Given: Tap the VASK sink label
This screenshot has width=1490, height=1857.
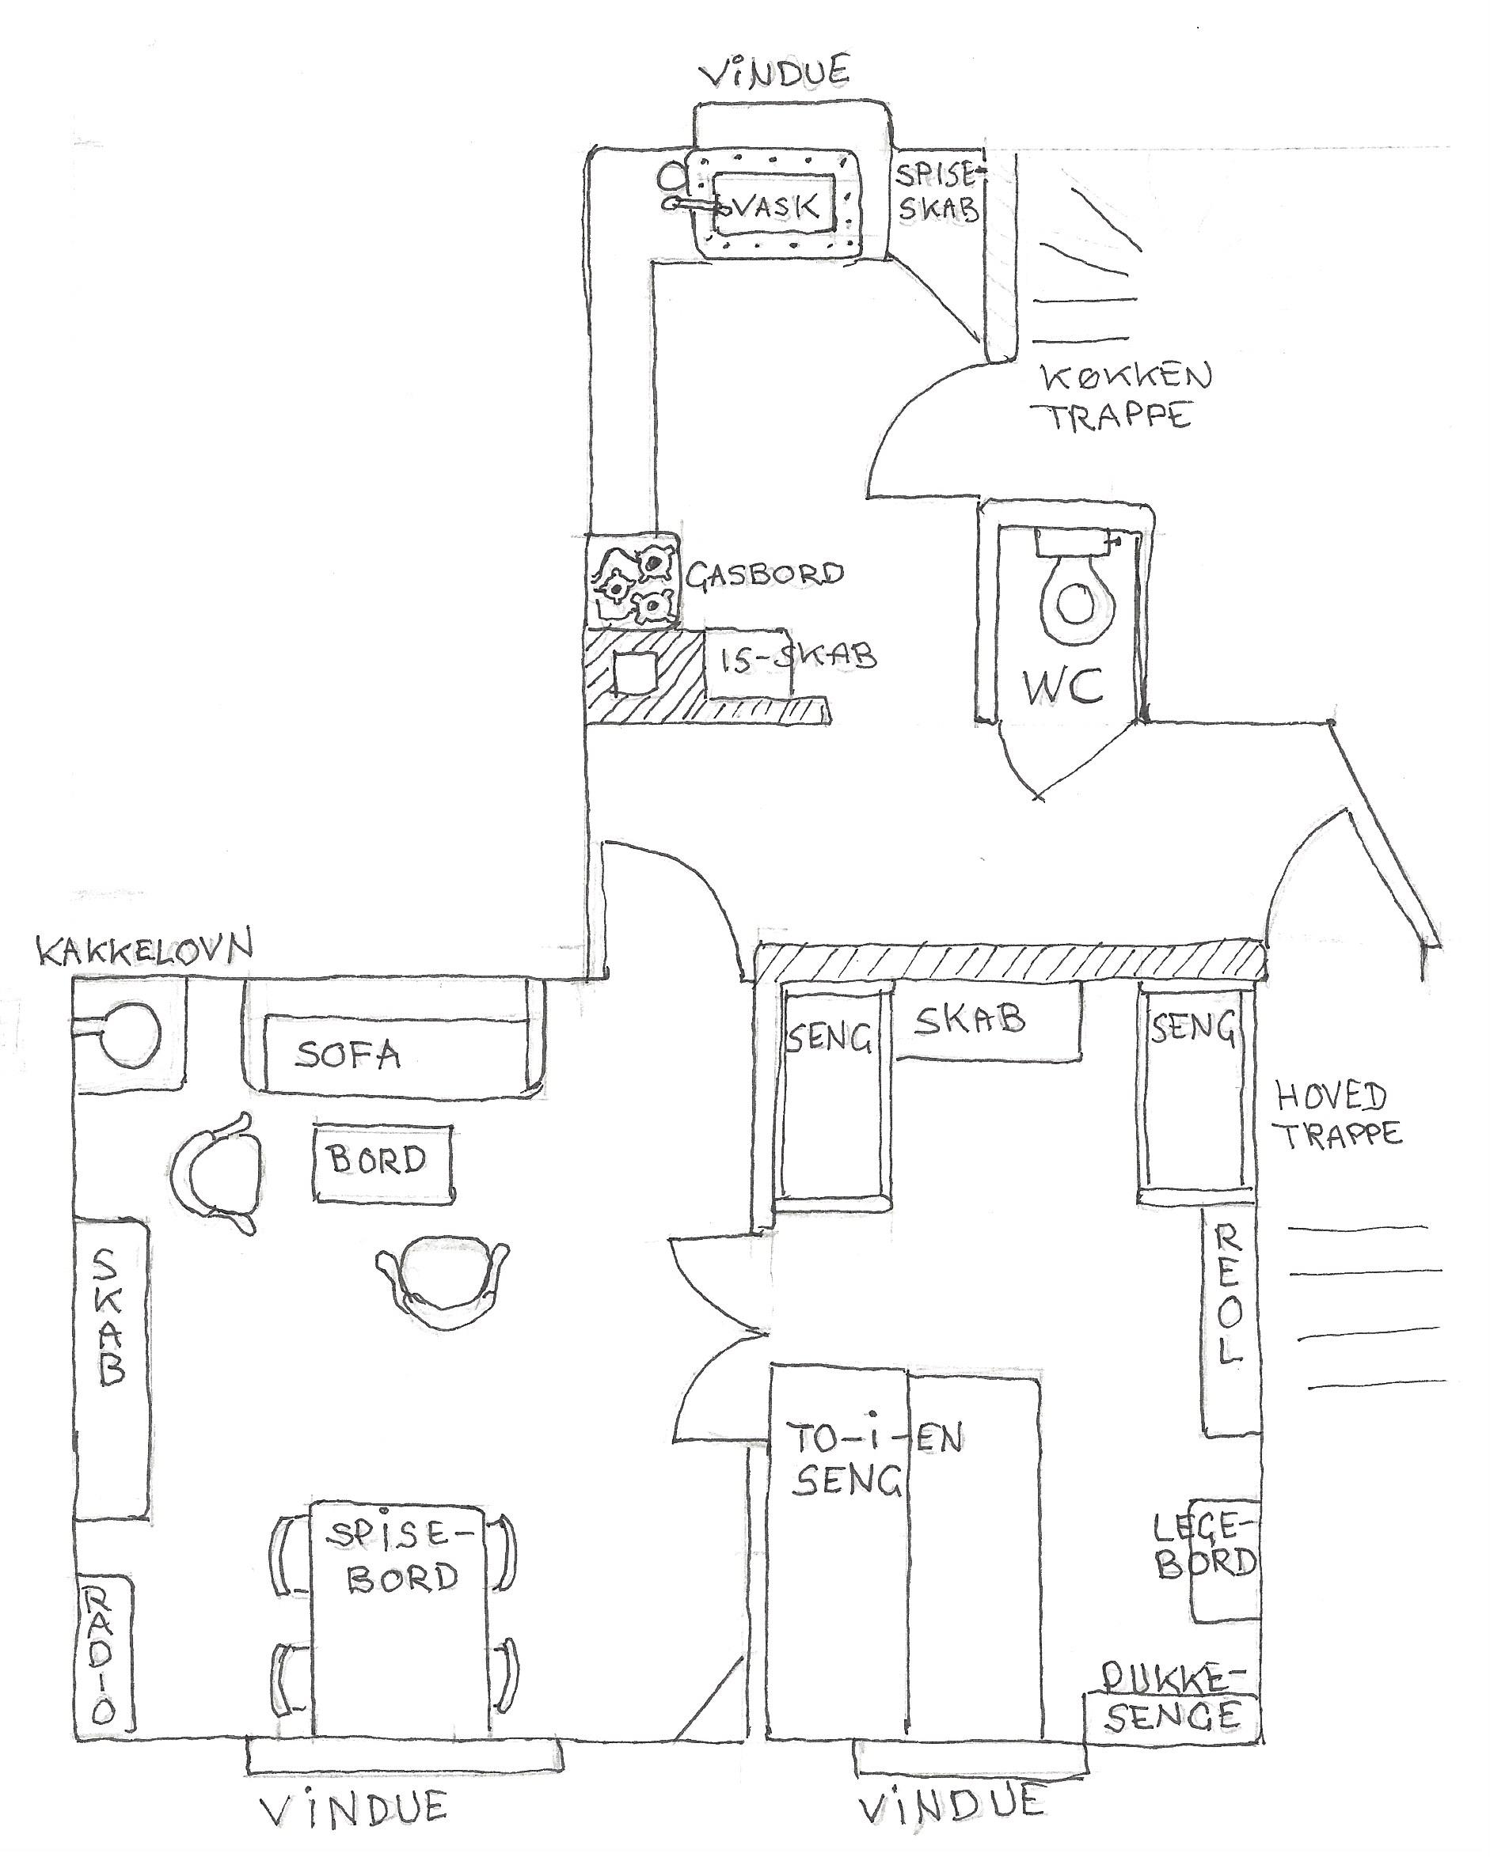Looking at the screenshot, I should pos(773,207).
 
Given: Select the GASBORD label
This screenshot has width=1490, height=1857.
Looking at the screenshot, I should pos(763,573).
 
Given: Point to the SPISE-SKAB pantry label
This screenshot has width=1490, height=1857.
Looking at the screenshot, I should pos(937,193).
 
